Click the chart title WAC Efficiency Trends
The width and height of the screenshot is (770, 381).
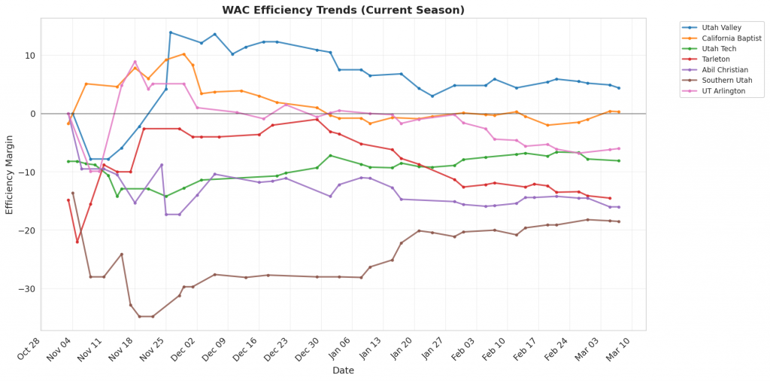point(343,10)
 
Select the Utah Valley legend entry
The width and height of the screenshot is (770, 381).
point(721,26)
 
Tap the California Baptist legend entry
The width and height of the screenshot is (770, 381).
point(731,38)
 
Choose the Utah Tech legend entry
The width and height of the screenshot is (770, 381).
point(718,48)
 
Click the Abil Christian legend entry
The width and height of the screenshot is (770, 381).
point(723,69)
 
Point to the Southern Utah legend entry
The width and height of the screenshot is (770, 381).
point(725,80)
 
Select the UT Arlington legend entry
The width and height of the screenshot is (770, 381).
point(722,90)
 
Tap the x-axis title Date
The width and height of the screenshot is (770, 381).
point(343,370)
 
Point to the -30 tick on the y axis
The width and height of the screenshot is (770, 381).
point(28,289)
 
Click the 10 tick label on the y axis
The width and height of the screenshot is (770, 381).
point(31,56)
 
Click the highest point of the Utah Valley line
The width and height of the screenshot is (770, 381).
point(171,32)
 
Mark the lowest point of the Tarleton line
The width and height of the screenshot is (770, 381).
point(77,242)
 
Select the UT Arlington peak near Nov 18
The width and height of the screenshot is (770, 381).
point(135,62)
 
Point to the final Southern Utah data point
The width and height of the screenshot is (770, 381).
point(619,221)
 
